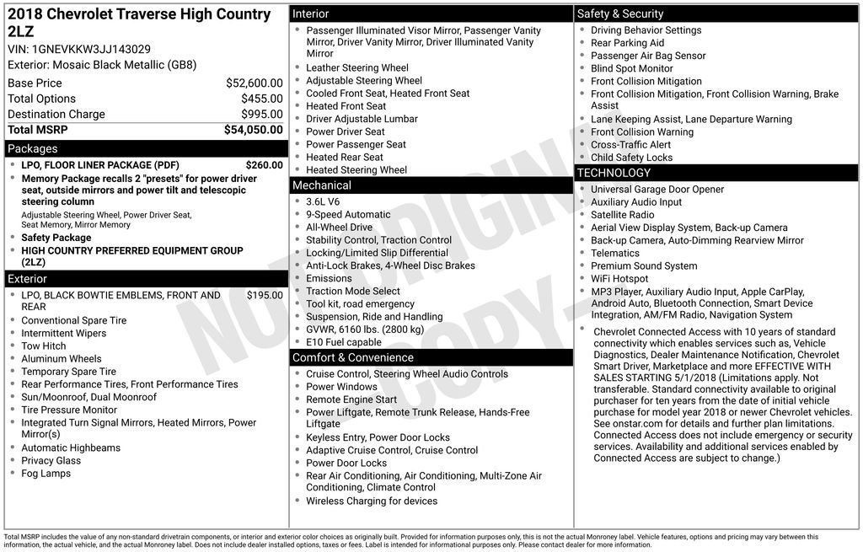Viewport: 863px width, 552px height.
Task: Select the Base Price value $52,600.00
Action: (x=254, y=83)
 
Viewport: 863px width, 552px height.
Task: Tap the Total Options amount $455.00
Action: (x=261, y=99)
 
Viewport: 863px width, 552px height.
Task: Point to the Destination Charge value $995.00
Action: (x=261, y=114)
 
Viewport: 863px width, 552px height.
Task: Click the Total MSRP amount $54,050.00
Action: (x=253, y=130)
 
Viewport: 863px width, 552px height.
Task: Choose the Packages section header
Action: (x=33, y=148)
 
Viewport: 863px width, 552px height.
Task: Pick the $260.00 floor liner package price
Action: (x=264, y=165)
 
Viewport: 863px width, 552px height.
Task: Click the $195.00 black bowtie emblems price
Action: (x=265, y=295)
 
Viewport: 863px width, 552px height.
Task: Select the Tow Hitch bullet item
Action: (x=44, y=346)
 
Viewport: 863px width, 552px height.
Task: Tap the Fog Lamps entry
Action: (x=46, y=473)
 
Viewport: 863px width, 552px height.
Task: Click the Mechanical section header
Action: (x=322, y=185)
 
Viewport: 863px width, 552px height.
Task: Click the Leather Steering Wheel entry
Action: (x=357, y=67)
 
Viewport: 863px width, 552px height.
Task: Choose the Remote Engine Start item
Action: (x=351, y=399)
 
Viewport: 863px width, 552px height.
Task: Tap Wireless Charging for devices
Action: (x=372, y=501)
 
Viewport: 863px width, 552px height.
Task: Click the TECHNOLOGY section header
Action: (x=614, y=173)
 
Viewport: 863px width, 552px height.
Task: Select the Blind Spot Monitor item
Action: (x=632, y=68)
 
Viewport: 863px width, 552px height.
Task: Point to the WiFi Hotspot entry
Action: (x=619, y=278)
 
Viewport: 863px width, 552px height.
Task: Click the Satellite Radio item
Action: (x=623, y=215)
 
